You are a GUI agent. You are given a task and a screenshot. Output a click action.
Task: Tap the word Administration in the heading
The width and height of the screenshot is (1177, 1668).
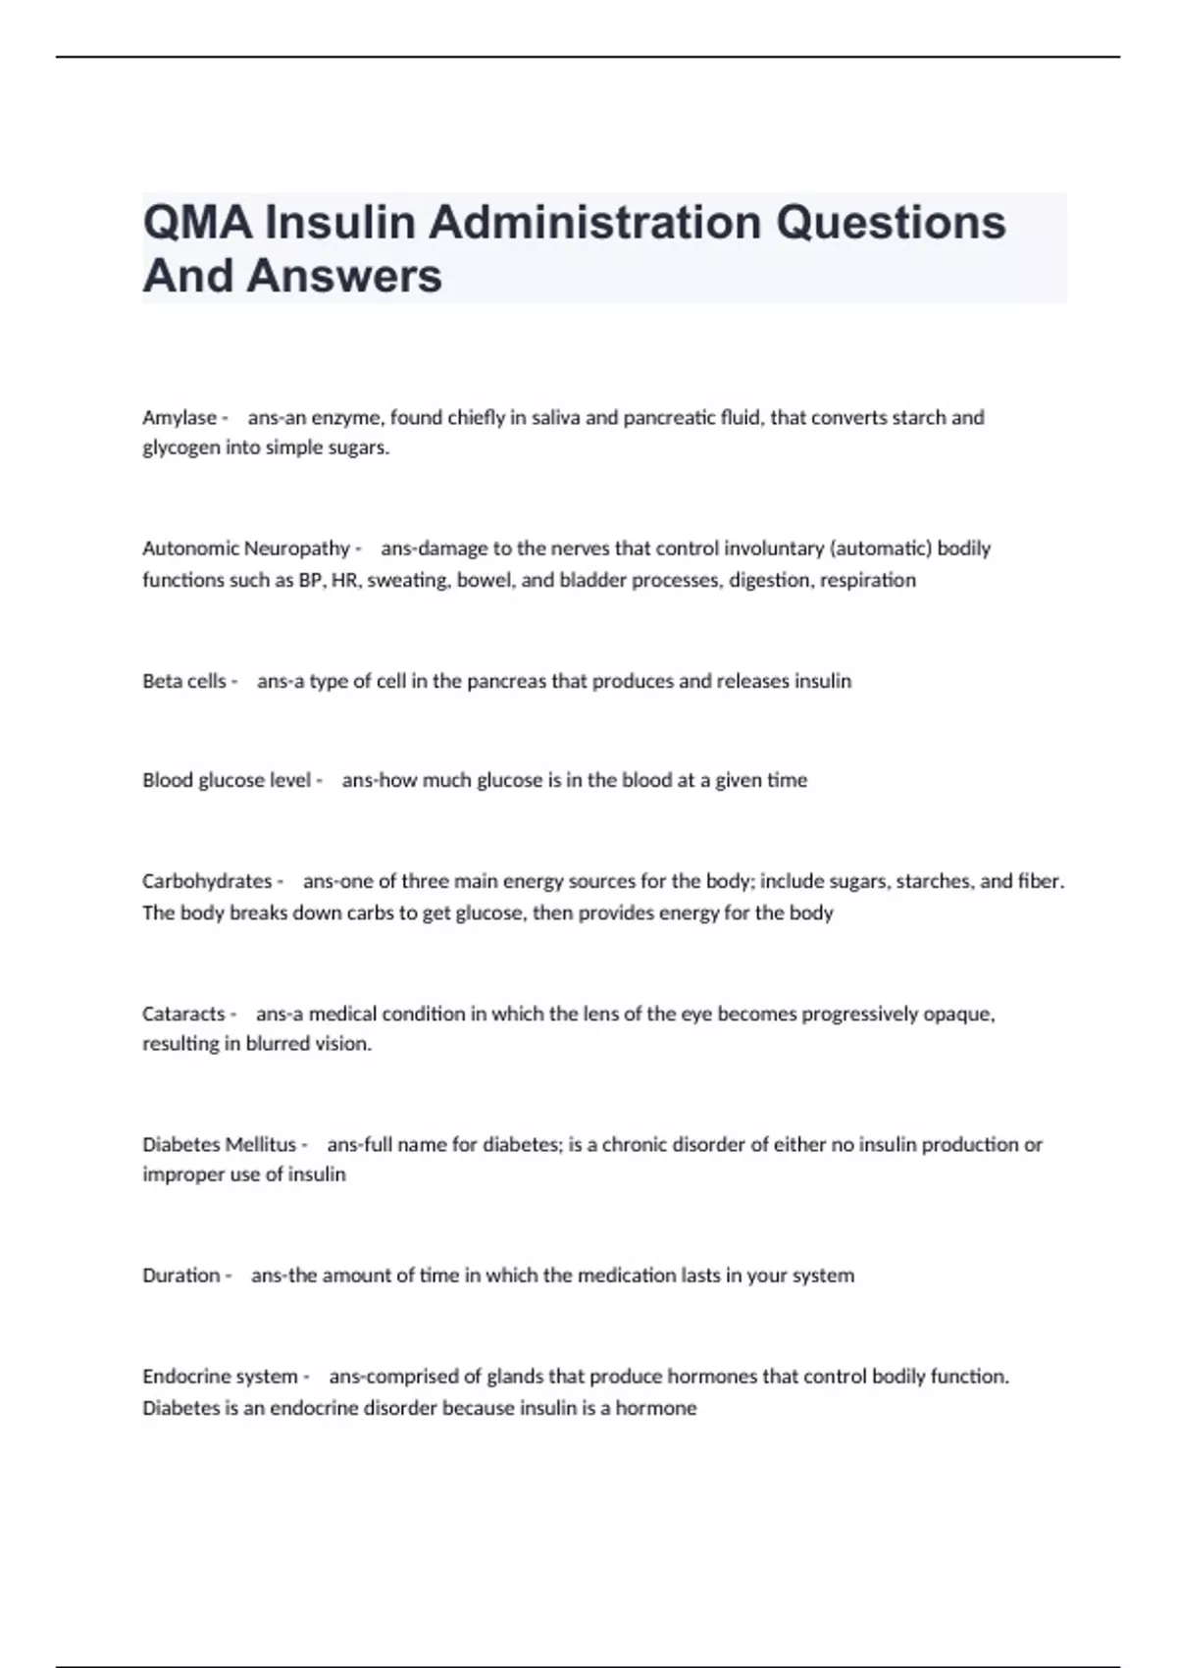[x=594, y=223]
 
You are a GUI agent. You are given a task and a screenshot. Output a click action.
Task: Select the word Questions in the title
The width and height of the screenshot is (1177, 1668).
[x=891, y=223]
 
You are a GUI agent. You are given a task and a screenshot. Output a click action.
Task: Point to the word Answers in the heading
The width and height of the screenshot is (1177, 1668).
[x=344, y=276]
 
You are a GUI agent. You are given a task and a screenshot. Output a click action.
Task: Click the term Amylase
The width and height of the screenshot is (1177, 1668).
[x=179, y=418]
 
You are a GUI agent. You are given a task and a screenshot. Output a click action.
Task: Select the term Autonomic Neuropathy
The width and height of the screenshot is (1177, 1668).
[x=246, y=548]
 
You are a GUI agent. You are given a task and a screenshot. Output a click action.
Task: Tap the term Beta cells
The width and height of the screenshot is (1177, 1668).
[x=184, y=681]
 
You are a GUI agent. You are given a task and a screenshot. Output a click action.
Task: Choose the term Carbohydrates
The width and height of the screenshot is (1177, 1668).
[x=207, y=881]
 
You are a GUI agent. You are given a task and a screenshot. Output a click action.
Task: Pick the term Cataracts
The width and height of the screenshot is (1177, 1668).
[x=183, y=1014]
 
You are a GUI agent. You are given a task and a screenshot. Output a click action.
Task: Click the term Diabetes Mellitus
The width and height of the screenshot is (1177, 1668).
[x=219, y=1145]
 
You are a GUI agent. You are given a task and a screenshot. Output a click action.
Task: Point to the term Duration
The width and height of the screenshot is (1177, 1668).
[x=181, y=1276]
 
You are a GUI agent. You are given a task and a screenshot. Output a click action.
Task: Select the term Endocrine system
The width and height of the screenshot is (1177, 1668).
[x=220, y=1377]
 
